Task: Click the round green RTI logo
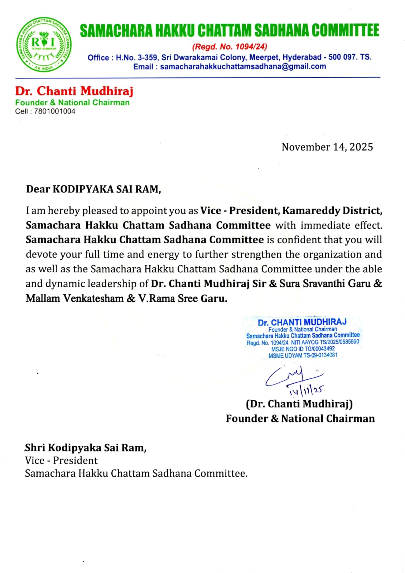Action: (x=43, y=44)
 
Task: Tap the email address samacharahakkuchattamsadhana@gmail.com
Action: (x=243, y=67)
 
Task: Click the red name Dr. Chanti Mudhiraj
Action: (x=74, y=91)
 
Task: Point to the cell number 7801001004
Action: (x=54, y=111)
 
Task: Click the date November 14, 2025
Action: (x=327, y=147)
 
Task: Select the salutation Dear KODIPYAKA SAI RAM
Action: (x=93, y=189)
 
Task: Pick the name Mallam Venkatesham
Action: (x=74, y=299)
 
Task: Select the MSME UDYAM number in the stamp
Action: (x=303, y=355)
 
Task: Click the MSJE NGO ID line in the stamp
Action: (x=303, y=349)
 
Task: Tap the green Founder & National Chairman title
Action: (x=72, y=102)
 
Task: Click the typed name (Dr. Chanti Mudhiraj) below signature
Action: (x=299, y=404)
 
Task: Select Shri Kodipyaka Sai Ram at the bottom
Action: (x=86, y=448)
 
